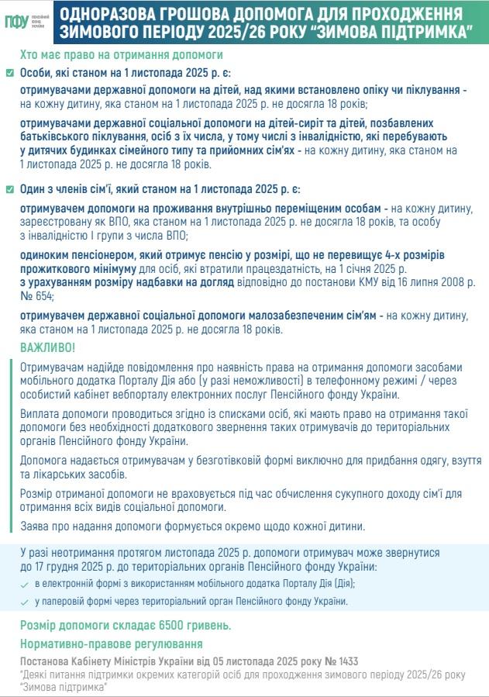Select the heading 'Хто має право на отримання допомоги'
[x=122, y=55]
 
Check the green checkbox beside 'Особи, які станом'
[x=9, y=73]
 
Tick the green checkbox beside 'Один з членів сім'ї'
[x=9, y=190]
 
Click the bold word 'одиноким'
[x=45, y=255]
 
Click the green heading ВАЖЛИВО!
[x=48, y=347]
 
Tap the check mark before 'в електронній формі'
[x=25, y=583]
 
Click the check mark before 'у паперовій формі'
[x=25, y=601]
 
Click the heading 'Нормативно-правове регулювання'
[x=110, y=644]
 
